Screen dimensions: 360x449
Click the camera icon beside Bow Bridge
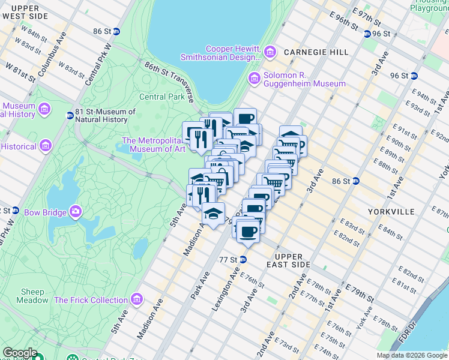click(x=76, y=211)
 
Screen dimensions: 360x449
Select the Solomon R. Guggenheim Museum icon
click(x=255, y=78)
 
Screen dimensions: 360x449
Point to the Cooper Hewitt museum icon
click(x=270, y=53)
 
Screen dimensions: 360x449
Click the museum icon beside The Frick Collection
click(x=138, y=299)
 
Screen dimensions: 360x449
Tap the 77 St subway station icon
click(x=243, y=259)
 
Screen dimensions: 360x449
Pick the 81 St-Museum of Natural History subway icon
click(x=70, y=115)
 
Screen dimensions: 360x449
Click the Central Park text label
click(x=161, y=97)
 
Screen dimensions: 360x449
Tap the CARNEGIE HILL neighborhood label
click(x=316, y=52)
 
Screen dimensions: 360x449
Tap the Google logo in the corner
click(x=20, y=353)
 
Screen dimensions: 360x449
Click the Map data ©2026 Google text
click(x=411, y=355)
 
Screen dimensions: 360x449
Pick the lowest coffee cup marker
click(x=247, y=232)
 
